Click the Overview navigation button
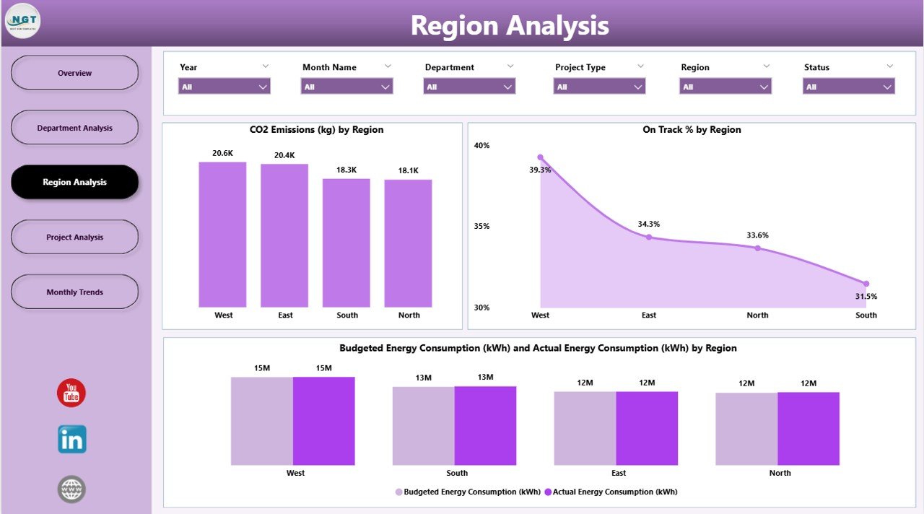click(x=75, y=73)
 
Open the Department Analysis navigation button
click(x=75, y=128)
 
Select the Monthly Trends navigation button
click(x=75, y=292)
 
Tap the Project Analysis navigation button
click(x=75, y=238)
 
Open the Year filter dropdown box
click(x=224, y=87)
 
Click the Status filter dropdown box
click(x=848, y=87)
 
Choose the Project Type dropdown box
click(x=599, y=87)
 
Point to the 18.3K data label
click(x=346, y=170)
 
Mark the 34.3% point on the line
click(x=649, y=237)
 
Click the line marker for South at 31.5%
click(x=866, y=284)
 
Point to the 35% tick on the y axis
click(x=481, y=226)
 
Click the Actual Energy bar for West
click(x=323, y=421)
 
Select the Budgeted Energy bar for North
click(x=746, y=429)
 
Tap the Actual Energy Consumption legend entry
click(x=611, y=492)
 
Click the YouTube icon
click(x=71, y=393)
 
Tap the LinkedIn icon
click(x=71, y=439)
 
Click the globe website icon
click(x=71, y=489)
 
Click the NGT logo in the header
click(x=22, y=21)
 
